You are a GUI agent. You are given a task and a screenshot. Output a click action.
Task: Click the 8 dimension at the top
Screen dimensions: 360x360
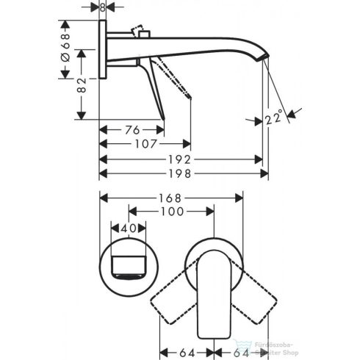click(102, 7)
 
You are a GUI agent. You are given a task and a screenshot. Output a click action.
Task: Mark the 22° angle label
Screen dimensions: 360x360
click(274, 117)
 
